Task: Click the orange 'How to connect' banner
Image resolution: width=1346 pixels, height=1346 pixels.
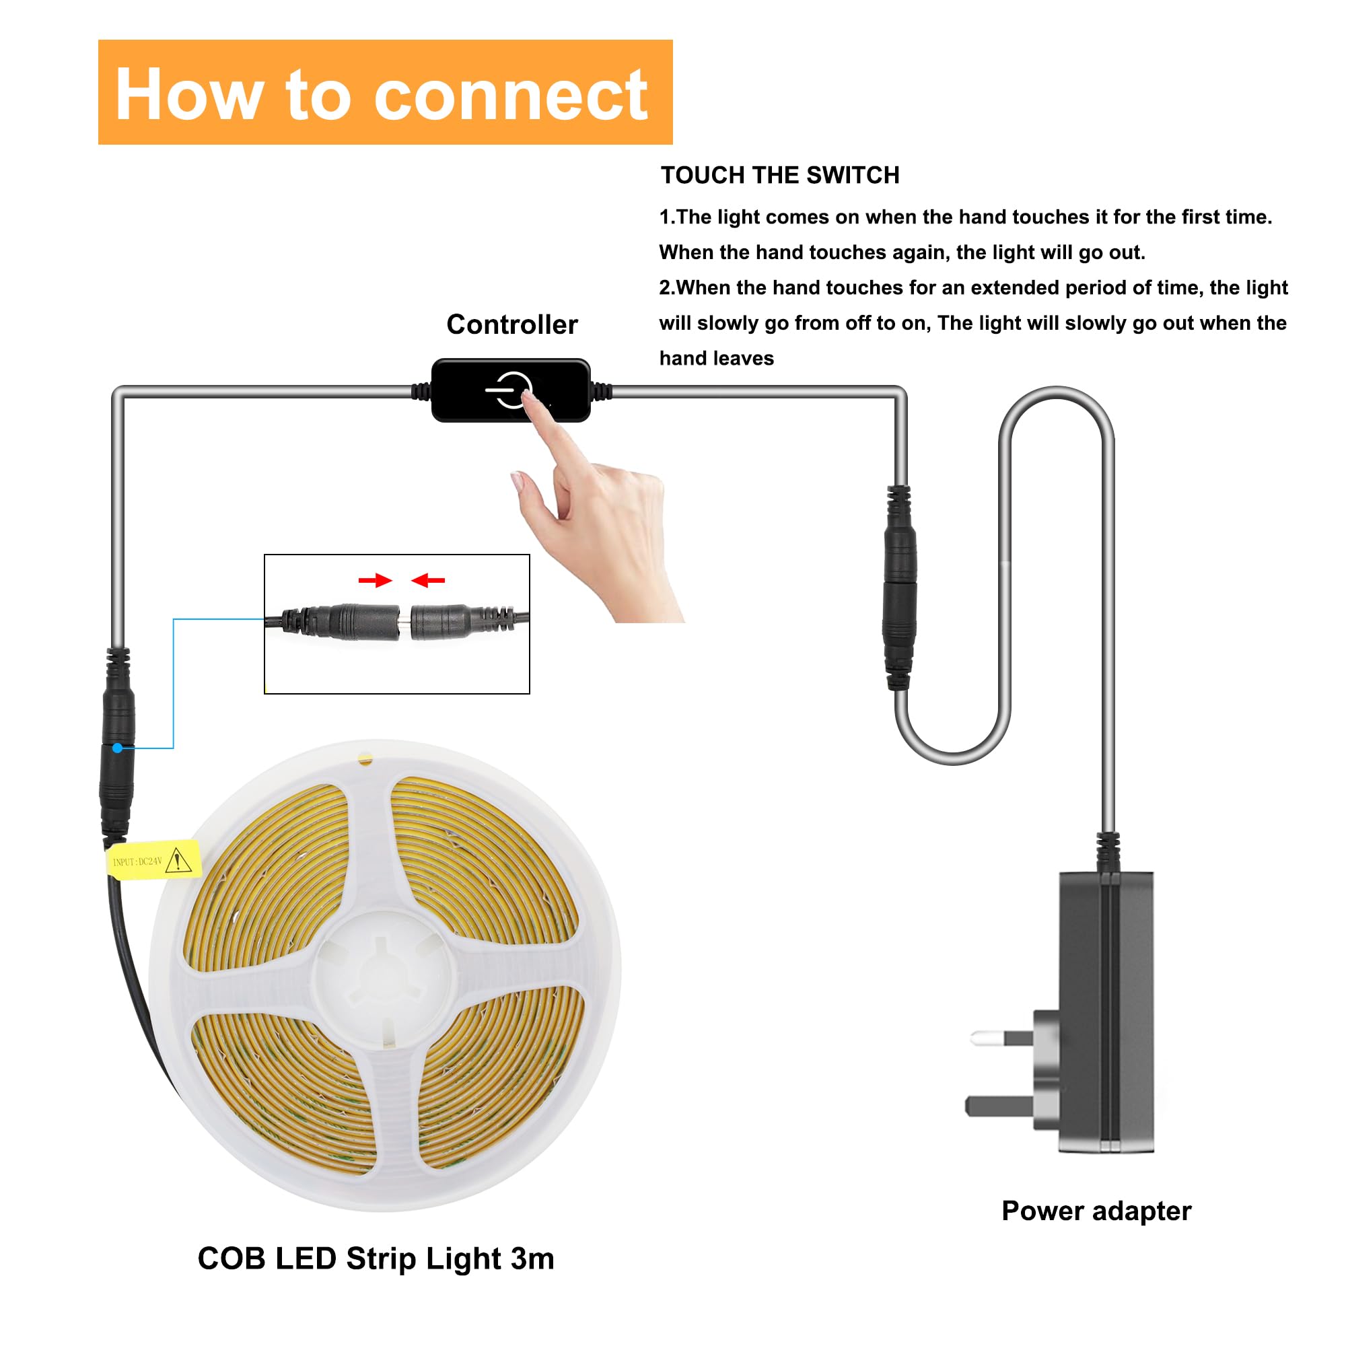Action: pyautogui.click(x=384, y=92)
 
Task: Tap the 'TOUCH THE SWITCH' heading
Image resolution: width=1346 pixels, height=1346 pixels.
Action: pyautogui.click(x=779, y=175)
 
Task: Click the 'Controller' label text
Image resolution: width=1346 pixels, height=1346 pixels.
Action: pyautogui.click(x=512, y=324)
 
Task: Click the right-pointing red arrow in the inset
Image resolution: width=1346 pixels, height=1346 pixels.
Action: pyautogui.click(x=375, y=580)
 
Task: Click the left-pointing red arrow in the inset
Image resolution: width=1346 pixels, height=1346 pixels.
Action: pyautogui.click(x=428, y=580)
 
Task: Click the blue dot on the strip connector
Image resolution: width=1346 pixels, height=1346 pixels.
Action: pyautogui.click(x=118, y=748)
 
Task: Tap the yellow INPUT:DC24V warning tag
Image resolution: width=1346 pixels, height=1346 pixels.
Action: pyautogui.click(x=153, y=860)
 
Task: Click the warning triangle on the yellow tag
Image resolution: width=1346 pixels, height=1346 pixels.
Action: pyautogui.click(x=179, y=859)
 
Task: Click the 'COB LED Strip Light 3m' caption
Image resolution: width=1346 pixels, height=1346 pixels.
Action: pyautogui.click(x=376, y=1259)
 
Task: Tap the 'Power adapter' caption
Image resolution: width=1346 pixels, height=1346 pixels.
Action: pyautogui.click(x=1096, y=1210)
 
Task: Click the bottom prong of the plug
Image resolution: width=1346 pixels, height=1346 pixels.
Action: pyautogui.click(x=996, y=1105)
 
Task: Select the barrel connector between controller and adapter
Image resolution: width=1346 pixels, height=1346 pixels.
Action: pyautogui.click(x=899, y=589)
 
